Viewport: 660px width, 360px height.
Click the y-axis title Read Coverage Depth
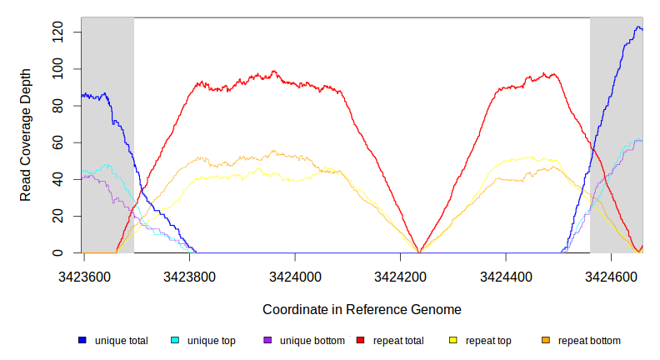pyautogui.click(x=26, y=147)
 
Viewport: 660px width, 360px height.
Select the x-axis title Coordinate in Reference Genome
pyautogui.click(x=362, y=309)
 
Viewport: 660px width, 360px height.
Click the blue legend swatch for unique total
pyautogui.click(x=82, y=341)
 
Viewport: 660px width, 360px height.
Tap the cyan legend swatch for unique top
pyautogui.click(x=175, y=341)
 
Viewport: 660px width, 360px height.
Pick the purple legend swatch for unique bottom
pyautogui.click(x=267, y=341)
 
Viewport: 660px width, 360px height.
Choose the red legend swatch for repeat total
pyautogui.click(x=360, y=341)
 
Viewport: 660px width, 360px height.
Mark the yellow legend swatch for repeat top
pyautogui.click(x=453, y=341)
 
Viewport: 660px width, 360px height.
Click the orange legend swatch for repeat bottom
pyautogui.click(x=546, y=341)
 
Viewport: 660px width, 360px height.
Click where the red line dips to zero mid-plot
pyautogui.click(x=420, y=252)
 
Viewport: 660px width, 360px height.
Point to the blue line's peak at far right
pyautogui.click(x=638, y=27)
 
